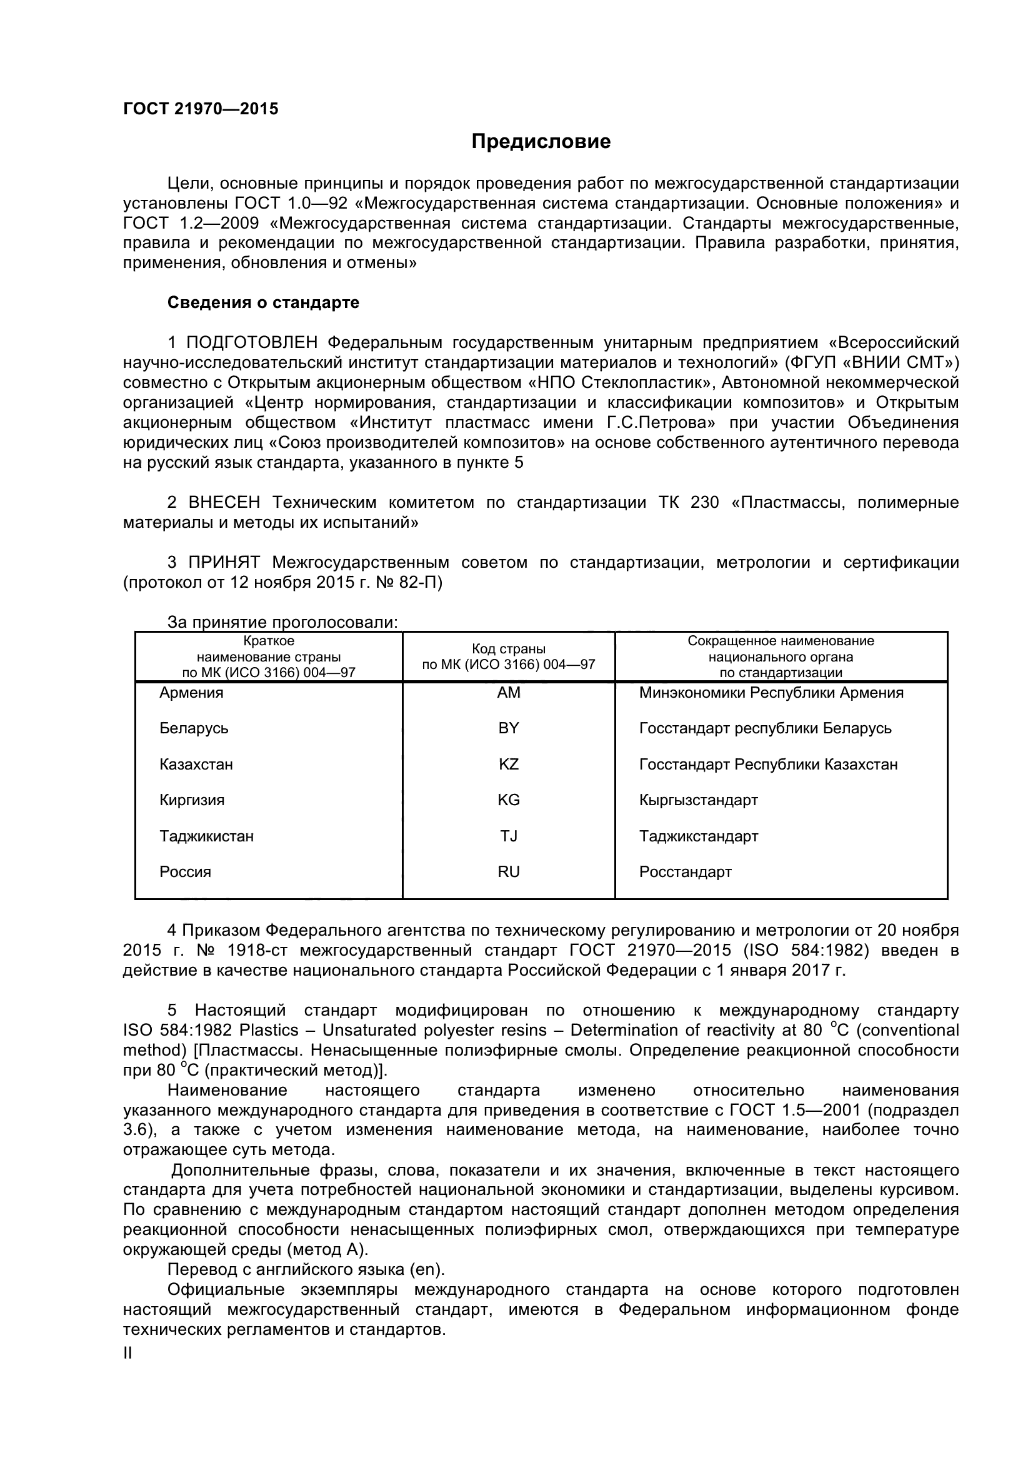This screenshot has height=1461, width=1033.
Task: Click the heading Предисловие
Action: click(541, 141)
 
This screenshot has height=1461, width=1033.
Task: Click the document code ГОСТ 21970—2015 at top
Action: click(201, 109)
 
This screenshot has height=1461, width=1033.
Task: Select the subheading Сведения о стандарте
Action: click(263, 302)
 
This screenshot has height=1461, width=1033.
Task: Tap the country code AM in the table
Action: click(509, 692)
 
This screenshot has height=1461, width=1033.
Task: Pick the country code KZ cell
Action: click(509, 764)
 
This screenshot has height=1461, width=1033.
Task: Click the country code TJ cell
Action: click(509, 836)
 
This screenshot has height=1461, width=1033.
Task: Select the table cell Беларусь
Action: click(194, 728)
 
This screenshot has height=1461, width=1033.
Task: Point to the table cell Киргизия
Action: click(192, 800)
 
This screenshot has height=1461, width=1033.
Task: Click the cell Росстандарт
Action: click(685, 872)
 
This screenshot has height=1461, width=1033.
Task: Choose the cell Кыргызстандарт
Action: click(698, 800)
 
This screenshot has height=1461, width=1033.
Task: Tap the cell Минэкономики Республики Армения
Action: click(771, 692)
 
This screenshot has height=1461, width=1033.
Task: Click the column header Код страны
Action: click(509, 649)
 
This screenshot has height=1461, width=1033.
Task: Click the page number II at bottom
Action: click(127, 1353)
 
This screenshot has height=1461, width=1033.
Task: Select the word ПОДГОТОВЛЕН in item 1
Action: click(251, 342)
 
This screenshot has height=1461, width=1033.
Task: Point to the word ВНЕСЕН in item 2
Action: click(224, 503)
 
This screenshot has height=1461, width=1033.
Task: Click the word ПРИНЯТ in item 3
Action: click(223, 563)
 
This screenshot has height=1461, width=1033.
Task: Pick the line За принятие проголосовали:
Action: click(282, 622)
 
